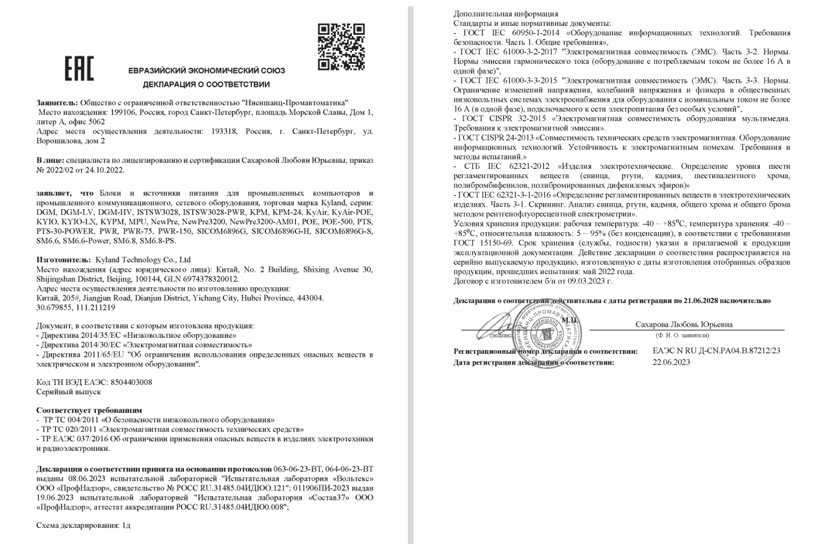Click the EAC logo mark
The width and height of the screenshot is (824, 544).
[x=79, y=68]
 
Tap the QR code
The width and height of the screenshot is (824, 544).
[x=341, y=47]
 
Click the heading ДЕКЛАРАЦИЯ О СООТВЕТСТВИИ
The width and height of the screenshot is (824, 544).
[x=206, y=84]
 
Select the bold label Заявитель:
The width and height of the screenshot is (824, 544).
[x=57, y=103]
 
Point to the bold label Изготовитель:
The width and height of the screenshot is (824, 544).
[x=64, y=260]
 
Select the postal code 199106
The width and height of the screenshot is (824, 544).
[x=121, y=112]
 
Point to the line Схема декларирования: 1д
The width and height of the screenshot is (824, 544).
[x=83, y=525]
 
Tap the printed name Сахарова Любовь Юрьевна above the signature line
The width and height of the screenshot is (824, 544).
[x=684, y=324]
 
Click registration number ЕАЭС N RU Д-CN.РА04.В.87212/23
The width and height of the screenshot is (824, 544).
[x=716, y=351]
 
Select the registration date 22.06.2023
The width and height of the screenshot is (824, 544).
[x=671, y=362]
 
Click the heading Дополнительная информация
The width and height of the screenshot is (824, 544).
[x=506, y=14]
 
